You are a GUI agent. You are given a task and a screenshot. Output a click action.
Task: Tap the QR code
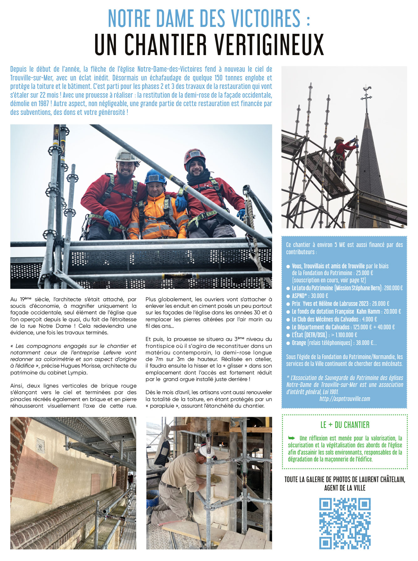click(345, 523)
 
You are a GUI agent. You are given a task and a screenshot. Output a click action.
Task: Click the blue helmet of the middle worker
click(156, 176)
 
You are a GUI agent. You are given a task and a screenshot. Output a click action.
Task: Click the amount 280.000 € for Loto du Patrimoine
click(393, 288)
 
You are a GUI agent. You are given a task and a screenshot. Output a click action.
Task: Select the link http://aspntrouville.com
click(345, 399)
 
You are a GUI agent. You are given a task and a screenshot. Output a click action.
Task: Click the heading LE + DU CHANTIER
click(345, 425)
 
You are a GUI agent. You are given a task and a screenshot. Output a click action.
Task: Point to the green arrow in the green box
click(292, 438)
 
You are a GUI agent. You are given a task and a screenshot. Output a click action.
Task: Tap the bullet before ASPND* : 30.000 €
click(288, 296)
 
